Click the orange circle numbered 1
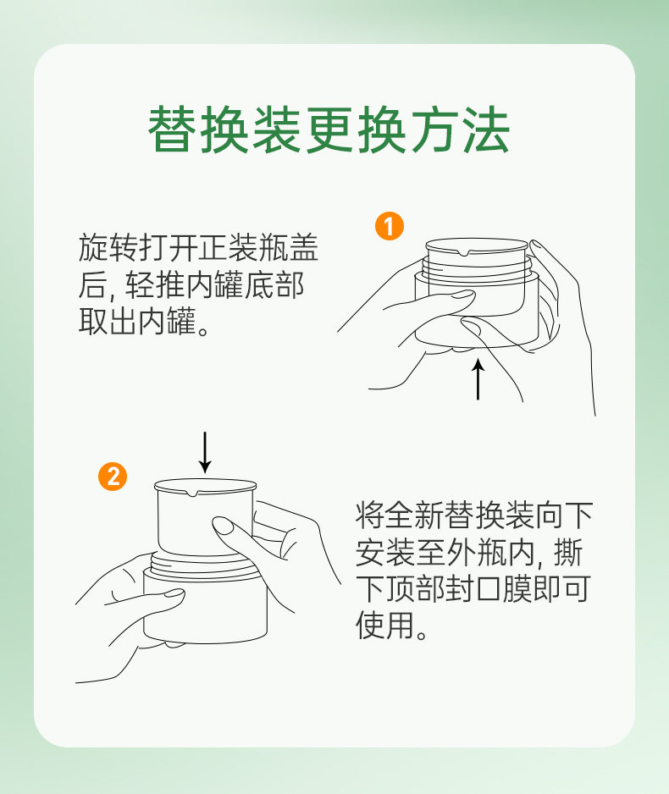point(389,226)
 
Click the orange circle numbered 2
point(113,477)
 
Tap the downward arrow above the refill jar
point(205,452)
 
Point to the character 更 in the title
point(329,130)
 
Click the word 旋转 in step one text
point(108,248)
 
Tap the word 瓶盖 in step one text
point(288,248)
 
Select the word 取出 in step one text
point(108,321)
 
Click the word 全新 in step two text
point(414,515)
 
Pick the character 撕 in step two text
point(569,552)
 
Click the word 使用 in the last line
point(384,626)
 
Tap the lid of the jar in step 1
point(477,246)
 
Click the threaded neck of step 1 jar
point(477,267)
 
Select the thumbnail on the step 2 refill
point(223,525)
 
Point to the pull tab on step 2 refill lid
point(192,493)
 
